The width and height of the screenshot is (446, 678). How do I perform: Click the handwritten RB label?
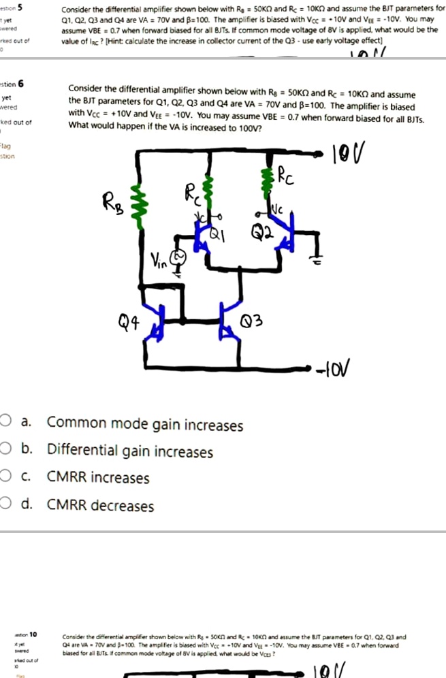(113, 201)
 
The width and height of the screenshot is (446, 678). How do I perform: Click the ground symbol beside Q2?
(315, 260)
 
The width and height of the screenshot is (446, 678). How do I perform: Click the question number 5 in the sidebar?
(21, 7)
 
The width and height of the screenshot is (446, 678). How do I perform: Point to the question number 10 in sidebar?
(32, 634)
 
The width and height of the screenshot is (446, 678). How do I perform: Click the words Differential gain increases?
(129, 452)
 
